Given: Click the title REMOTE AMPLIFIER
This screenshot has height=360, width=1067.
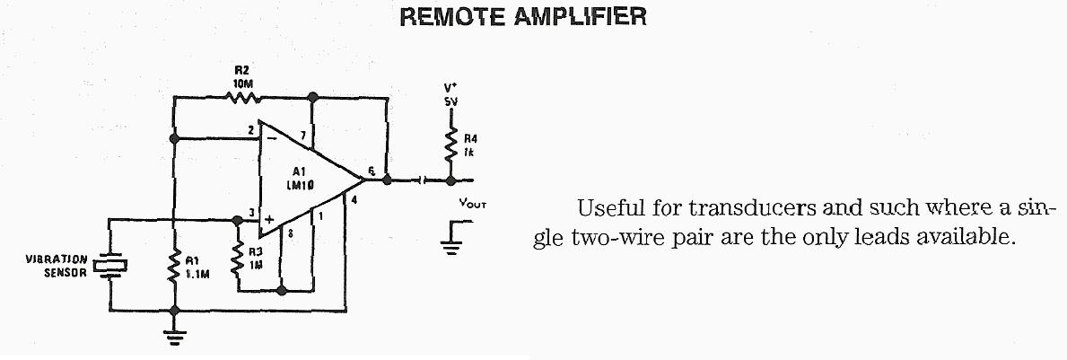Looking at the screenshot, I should [523, 17].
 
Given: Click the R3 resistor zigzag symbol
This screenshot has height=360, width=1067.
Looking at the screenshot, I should [239, 260].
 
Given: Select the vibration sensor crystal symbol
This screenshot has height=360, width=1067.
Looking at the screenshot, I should [109, 265].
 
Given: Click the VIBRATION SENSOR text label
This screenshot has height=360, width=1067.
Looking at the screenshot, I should [57, 265].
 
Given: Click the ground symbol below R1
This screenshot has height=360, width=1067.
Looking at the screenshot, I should [174, 336].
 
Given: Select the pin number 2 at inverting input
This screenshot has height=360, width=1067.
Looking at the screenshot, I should [250, 131].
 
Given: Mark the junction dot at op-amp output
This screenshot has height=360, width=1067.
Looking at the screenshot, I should [387, 179].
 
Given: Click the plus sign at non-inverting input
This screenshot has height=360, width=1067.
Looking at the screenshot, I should [267, 218].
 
